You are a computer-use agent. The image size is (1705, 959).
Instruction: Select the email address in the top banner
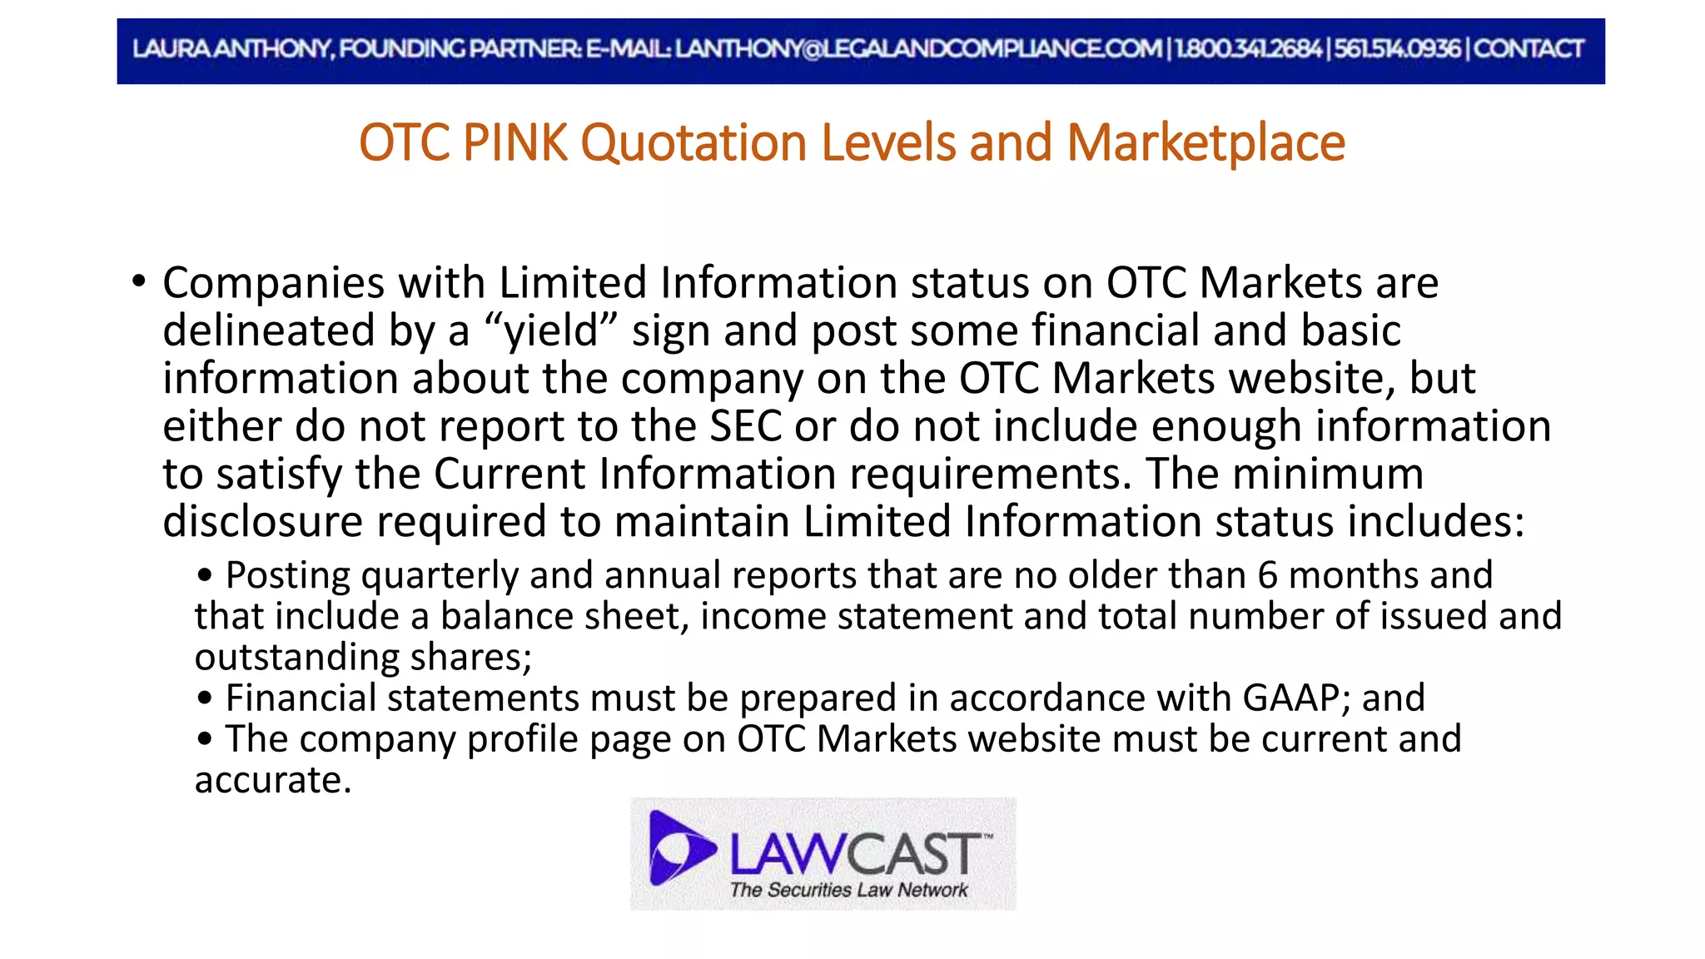pyautogui.click(x=917, y=49)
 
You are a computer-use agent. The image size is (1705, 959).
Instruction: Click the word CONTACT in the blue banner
pyautogui.click(x=1529, y=49)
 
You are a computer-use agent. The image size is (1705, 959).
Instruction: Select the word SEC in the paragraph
pyautogui.click(x=745, y=426)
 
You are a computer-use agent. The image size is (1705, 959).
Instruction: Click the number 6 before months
pyautogui.click(x=1267, y=575)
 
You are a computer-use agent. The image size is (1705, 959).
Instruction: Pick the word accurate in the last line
pyautogui.click(x=272, y=780)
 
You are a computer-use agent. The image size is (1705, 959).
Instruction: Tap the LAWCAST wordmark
pyautogui.click(x=856, y=853)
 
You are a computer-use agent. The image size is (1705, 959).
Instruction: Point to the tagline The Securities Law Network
pyautogui.click(x=848, y=890)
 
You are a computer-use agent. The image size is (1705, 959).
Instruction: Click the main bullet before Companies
pyautogui.click(x=139, y=281)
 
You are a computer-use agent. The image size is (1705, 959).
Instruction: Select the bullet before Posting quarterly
pyautogui.click(x=205, y=575)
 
